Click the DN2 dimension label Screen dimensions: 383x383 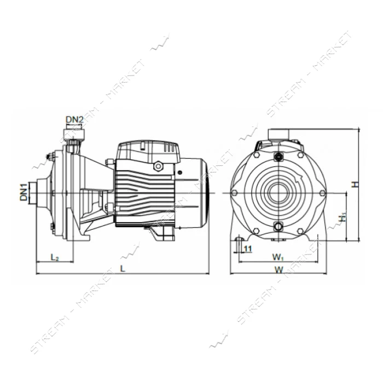point(74,120)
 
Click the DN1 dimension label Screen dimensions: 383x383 point(24,193)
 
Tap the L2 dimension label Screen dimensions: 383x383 point(55,257)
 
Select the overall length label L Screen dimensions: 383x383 point(123,268)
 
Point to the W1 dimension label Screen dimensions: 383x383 point(278,257)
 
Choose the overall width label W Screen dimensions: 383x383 point(279,270)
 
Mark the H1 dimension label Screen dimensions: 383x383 point(343,217)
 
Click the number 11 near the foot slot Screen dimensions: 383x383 point(248,248)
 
